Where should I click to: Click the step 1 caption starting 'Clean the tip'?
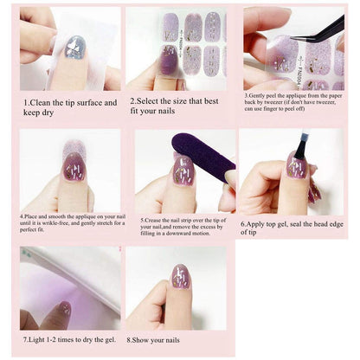[68, 107]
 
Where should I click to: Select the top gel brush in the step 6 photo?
[300, 148]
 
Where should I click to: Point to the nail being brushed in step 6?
[296, 165]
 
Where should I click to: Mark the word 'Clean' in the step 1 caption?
[42, 102]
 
